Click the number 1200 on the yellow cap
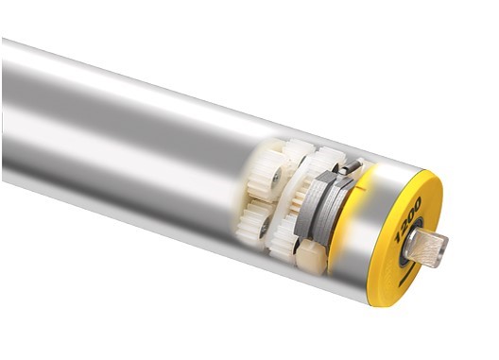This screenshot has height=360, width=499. click(407, 219)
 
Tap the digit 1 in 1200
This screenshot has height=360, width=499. click(399, 237)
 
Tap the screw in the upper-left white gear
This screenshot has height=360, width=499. click(274, 178)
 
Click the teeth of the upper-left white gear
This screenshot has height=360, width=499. click(262, 174)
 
